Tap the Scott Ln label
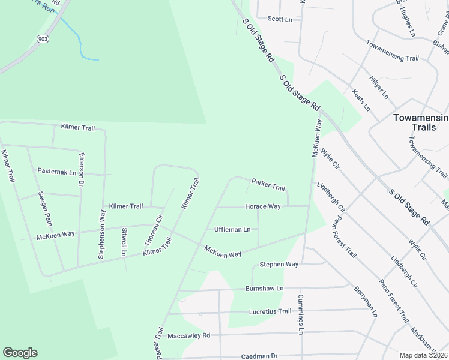(x=280, y=19)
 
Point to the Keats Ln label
(x=361, y=100)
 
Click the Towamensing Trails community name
(x=420, y=122)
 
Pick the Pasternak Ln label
(x=57, y=172)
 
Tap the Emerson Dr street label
(x=82, y=170)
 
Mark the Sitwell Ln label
(x=124, y=242)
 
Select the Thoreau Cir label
(x=154, y=230)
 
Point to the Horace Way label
(x=262, y=206)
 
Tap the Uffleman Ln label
(x=232, y=229)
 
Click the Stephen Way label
(x=279, y=264)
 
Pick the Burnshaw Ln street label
(x=264, y=288)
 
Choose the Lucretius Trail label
(x=270, y=311)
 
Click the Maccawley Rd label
(x=189, y=335)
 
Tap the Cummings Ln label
(x=301, y=314)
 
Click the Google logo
(x=20, y=353)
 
